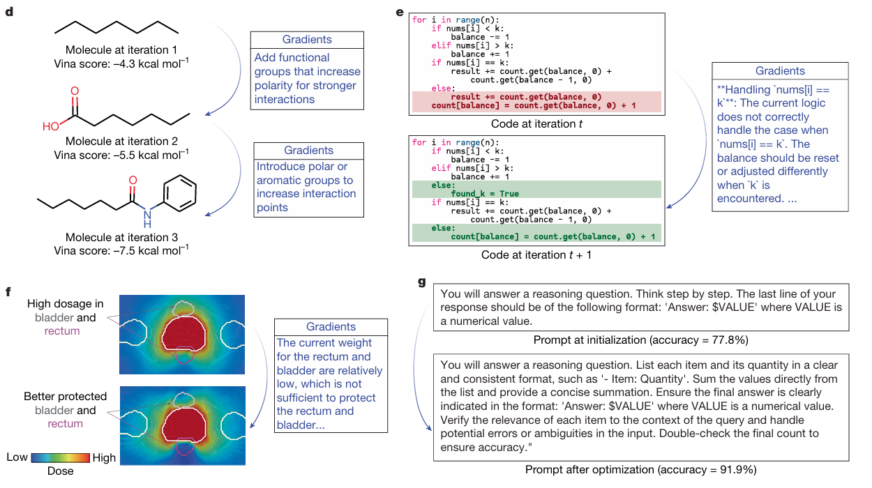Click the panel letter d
[x=8, y=12]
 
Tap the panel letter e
[x=399, y=12]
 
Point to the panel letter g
[x=421, y=282]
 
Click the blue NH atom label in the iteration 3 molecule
[x=147, y=219]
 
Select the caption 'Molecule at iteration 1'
[x=121, y=50]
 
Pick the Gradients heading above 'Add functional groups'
[x=307, y=40]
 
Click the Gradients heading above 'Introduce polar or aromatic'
[x=308, y=150]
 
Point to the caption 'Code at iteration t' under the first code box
[x=537, y=123]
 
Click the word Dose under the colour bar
[x=59, y=471]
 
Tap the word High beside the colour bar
[x=104, y=457]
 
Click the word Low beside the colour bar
[x=17, y=457]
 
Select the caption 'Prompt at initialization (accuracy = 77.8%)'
[x=640, y=340]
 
